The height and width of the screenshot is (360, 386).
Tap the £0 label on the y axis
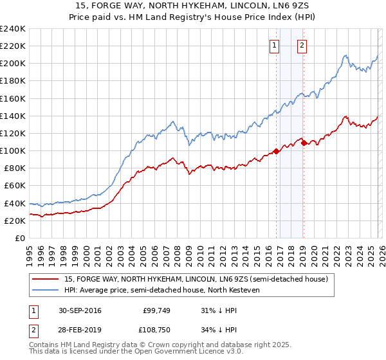pyautogui.click(x=19, y=238)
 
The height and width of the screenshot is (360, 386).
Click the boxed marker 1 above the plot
pyautogui.click(x=275, y=45)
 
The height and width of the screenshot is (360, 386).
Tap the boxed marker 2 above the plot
pyautogui.click(x=302, y=45)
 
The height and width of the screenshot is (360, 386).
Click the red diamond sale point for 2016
pyautogui.click(x=276, y=151)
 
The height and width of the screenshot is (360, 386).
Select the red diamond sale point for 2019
pyautogui.click(x=304, y=143)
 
